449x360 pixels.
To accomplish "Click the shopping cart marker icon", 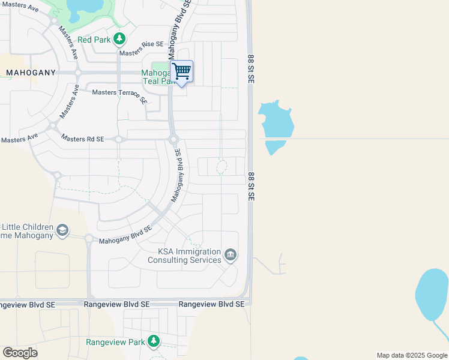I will [x=181, y=72].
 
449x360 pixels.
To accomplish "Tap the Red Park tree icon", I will [x=119, y=39].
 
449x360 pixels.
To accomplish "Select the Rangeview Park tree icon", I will [x=154, y=341].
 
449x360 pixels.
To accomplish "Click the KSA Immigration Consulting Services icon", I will [x=230, y=256].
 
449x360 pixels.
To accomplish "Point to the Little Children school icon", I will [x=62, y=230].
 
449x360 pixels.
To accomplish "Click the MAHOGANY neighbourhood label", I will [x=31, y=73].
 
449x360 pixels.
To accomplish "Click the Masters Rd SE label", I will [x=82, y=139].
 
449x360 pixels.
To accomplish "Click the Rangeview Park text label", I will [x=116, y=342].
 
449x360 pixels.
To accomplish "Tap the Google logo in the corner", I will [x=20, y=353].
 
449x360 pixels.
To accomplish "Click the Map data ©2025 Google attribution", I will [x=412, y=355].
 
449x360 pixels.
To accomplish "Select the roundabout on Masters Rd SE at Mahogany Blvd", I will [x=173, y=140].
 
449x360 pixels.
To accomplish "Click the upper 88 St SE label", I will [x=251, y=70].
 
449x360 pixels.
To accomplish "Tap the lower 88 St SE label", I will [x=251, y=187].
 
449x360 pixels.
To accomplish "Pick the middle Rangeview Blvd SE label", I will [x=116, y=304].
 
